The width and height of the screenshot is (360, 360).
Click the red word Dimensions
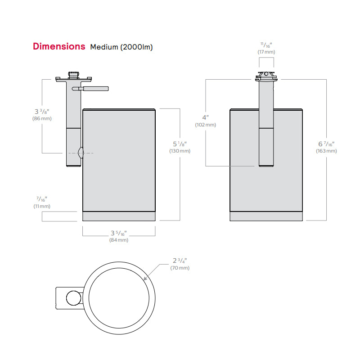coord(59,46)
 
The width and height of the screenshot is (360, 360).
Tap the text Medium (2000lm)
coord(121,47)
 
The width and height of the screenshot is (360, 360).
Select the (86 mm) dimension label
coord(42,119)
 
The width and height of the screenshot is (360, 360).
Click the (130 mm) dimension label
coord(180,151)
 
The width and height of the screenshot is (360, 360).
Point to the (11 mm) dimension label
coord(42,206)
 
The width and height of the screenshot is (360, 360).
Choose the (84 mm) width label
coord(119,240)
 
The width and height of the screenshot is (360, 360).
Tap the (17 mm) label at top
coord(266,52)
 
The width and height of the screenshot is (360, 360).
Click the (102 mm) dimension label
coord(206,125)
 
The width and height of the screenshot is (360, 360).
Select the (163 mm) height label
coord(326,151)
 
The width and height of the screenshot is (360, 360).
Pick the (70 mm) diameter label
coord(180,268)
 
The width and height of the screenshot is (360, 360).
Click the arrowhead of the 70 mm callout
coord(145,280)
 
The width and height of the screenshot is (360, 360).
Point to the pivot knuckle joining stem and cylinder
coord(81,153)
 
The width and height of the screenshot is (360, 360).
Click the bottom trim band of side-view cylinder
coord(119,216)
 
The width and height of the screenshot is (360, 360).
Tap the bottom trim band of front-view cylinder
coord(266,216)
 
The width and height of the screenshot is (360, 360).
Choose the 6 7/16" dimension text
coord(326,144)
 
